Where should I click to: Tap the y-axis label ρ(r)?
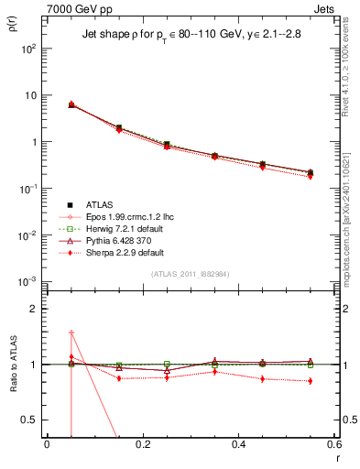11,27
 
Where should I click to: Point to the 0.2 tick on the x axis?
142,444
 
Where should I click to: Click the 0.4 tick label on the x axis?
238,444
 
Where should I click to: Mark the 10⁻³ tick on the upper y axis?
27,281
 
